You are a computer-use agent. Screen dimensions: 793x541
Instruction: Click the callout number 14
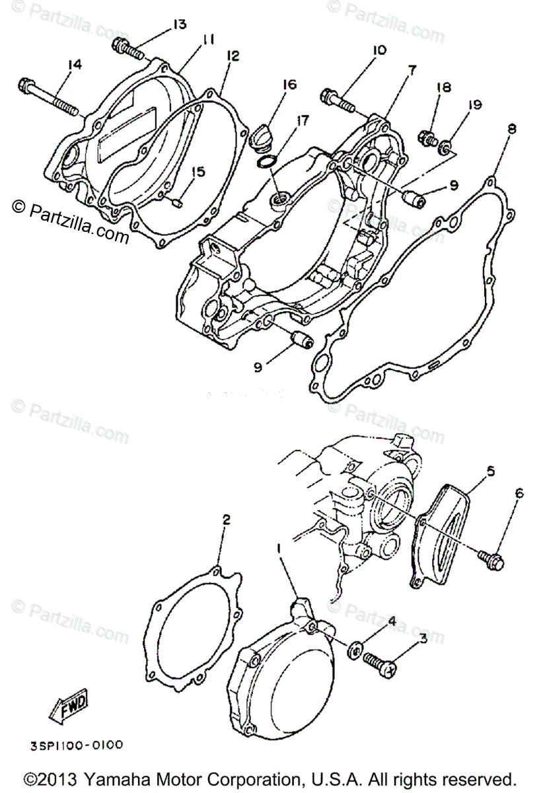click(x=73, y=64)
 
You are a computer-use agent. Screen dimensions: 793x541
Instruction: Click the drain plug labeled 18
click(x=427, y=139)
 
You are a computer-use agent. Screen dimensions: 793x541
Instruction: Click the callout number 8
click(x=511, y=129)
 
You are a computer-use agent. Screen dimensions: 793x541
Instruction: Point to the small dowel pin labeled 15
click(x=176, y=203)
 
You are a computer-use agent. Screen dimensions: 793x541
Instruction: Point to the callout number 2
click(x=226, y=521)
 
